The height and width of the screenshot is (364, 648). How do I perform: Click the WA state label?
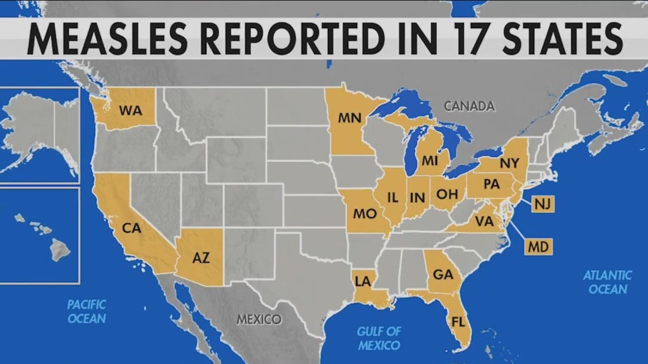point(130,110)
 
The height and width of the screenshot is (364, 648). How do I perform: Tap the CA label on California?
point(131,228)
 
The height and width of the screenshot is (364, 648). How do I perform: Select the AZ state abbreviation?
point(201,258)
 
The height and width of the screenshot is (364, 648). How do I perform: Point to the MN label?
point(349,118)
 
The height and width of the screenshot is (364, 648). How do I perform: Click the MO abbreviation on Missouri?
point(364,213)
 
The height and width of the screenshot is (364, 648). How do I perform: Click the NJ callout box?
point(542,204)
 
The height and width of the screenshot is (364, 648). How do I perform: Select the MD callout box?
point(539,246)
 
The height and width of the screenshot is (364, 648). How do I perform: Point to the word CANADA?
point(469,106)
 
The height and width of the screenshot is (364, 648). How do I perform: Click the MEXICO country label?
point(258,319)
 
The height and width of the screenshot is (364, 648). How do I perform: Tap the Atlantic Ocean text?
point(607,282)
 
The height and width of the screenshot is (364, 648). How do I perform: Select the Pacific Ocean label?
point(87,311)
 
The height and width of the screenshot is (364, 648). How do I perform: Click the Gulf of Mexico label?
point(379,338)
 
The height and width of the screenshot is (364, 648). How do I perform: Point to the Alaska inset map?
point(39,134)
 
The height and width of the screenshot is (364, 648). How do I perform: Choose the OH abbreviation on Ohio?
point(446,194)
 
